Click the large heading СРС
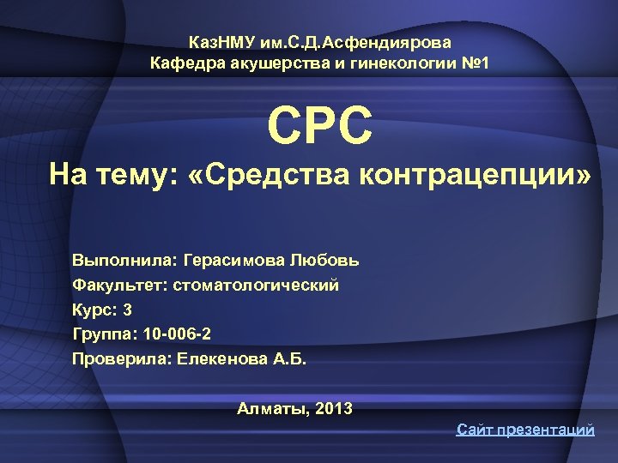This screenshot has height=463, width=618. tap(320, 125)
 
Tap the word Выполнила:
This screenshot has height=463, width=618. tap(120, 260)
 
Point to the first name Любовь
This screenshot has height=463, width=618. tap(325, 260)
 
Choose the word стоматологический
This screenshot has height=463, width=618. tap(257, 285)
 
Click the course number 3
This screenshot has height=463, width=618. tap(127, 309)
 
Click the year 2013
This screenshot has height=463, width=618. tap(334, 409)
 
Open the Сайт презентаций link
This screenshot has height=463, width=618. tap(525, 430)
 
